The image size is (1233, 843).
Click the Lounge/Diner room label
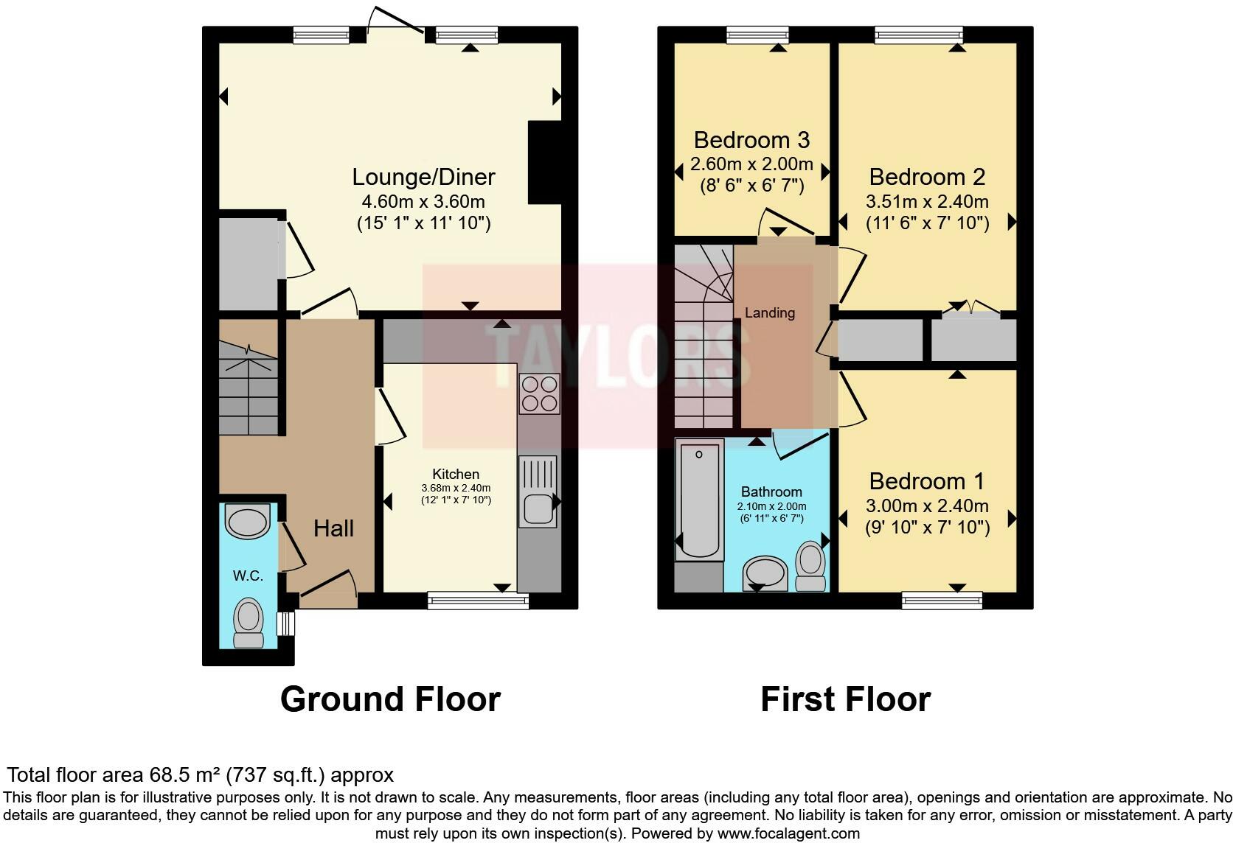[423, 177]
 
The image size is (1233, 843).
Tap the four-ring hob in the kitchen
[540, 393]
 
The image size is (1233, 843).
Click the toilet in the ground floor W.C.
[248, 622]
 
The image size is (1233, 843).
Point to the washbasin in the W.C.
[248, 522]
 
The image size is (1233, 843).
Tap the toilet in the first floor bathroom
[811, 566]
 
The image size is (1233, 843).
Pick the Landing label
[769, 312]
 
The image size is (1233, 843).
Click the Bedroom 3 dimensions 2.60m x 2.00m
[751, 164]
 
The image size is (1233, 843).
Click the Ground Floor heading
[390, 699]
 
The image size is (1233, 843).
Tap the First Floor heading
[845, 699]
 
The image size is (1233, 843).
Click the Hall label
[333, 528]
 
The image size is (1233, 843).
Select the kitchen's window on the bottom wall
[478, 601]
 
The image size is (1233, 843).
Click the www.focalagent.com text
[788, 833]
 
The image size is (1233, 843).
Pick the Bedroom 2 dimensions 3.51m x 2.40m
[927, 201]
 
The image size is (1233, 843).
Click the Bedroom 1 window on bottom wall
[942, 601]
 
